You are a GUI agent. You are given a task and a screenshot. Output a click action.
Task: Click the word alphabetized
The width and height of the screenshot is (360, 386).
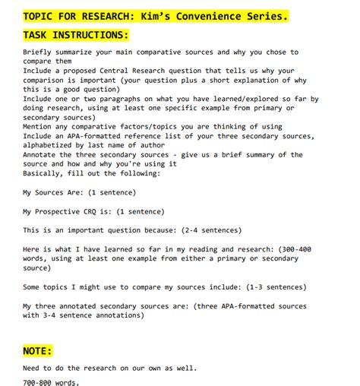point(55,144)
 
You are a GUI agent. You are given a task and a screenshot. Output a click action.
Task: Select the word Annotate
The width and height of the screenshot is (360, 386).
point(44,154)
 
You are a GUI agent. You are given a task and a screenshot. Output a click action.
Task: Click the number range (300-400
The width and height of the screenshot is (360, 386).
point(289,249)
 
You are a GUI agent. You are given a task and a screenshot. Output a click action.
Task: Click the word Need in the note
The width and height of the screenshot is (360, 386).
point(33,369)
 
